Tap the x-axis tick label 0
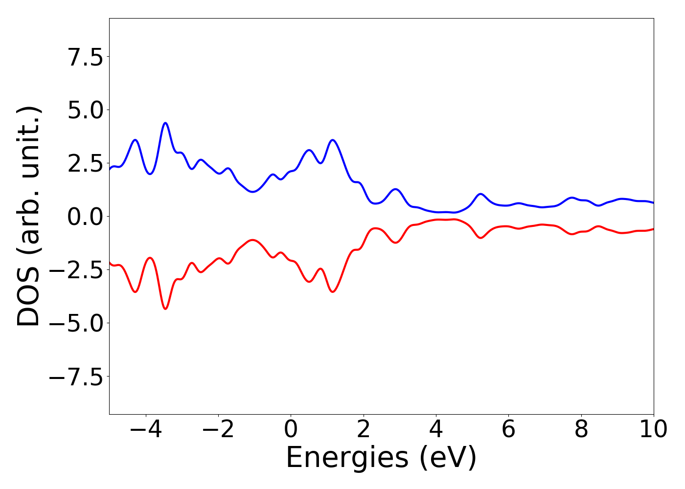[x=291, y=429]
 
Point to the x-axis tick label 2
[x=363, y=429]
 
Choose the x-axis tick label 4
[x=436, y=429]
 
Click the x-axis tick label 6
[x=508, y=429]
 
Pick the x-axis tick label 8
[x=581, y=429]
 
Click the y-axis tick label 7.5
[x=86, y=57]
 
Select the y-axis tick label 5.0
[x=86, y=110]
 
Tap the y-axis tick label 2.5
[x=86, y=163]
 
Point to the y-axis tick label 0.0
[x=86, y=217]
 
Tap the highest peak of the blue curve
[x=165, y=123]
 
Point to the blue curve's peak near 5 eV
[x=480, y=194]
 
